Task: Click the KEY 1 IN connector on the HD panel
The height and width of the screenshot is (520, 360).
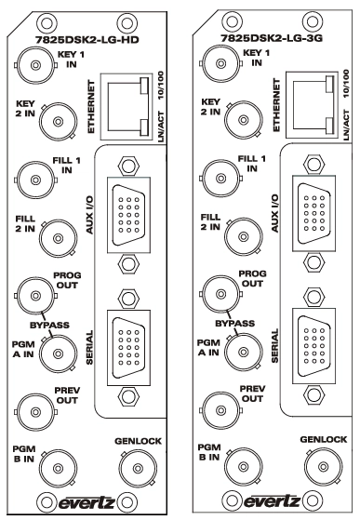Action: click(x=35, y=65)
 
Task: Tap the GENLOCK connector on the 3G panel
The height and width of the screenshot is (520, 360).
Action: click(x=324, y=467)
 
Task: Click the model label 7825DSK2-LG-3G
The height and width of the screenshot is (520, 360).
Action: click(x=272, y=38)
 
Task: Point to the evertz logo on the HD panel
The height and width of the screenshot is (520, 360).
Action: click(x=87, y=502)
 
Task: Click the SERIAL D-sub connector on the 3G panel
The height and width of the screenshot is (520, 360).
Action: click(x=313, y=346)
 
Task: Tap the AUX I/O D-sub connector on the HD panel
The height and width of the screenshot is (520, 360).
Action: click(x=128, y=215)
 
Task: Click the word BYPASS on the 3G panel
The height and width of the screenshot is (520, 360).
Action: click(x=235, y=324)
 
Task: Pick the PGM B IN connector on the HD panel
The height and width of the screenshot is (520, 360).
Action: click(x=59, y=468)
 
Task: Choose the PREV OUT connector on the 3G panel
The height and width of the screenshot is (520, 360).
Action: click(x=220, y=410)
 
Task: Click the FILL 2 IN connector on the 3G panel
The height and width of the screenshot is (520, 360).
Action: click(x=244, y=237)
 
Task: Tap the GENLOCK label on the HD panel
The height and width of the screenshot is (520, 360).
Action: click(x=138, y=441)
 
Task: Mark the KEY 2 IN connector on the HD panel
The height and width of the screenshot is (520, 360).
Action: click(x=59, y=122)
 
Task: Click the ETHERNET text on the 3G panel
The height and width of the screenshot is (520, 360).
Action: click(x=276, y=105)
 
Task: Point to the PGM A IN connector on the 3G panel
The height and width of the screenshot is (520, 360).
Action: click(x=244, y=352)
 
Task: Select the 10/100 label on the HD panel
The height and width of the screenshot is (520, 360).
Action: click(x=161, y=86)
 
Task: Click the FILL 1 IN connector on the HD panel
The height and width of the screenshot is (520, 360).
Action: click(x=35, y=180)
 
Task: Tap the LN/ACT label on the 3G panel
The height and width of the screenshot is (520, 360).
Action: click(x=346, y=125)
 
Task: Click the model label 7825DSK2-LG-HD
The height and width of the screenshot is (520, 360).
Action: click(x=87, y=40)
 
